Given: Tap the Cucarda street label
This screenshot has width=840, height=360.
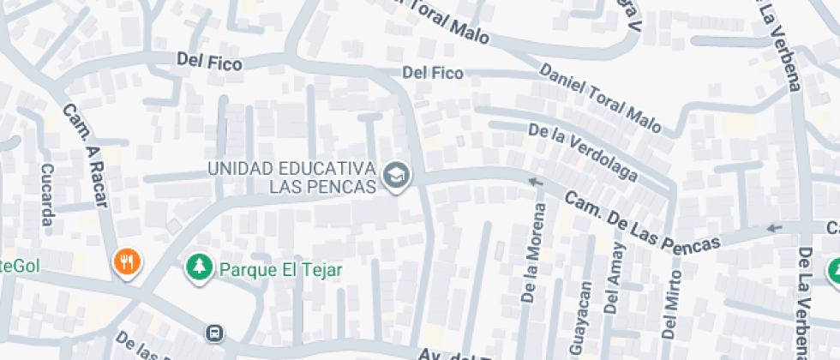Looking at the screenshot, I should pyautogui.click(x=47, y=195).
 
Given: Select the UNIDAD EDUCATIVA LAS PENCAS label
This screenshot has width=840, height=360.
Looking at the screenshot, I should pyautogui.click(x=292, y=177).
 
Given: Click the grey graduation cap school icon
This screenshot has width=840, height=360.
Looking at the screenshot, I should pyautogui.click(x=396, y=177).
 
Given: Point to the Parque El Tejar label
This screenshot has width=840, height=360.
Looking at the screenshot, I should pyautogui.click(x=280, y=269).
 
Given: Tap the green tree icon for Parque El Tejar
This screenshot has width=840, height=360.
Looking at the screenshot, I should pyautogui.click(x=199, y=267).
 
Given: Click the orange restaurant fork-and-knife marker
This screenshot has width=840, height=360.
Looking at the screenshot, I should pyautogui.click(x=127, y=262).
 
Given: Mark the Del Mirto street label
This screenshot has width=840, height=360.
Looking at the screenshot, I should pyautogui.click(x=672, y=303).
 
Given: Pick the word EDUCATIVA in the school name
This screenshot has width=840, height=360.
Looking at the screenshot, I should pyautogui.click(x=333, y=167).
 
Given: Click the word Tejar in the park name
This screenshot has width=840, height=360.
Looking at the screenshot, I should pyautogui.click(x=323, y=269).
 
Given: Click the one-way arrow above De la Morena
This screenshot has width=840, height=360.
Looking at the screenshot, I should pyautogui.click(x=536, y=182).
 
